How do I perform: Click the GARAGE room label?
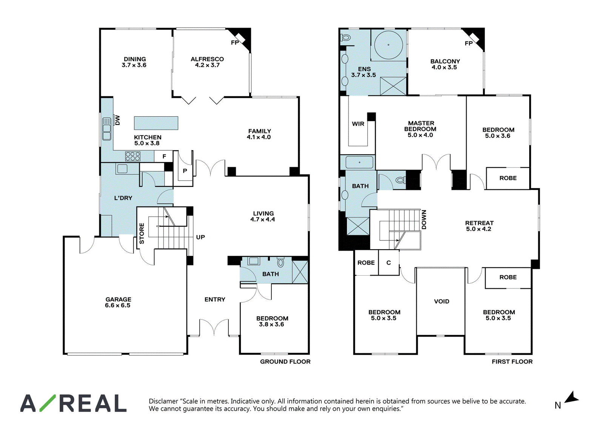tap(118, 299)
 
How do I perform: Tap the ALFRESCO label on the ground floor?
tap(207, 59)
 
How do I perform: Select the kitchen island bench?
tap(156, 123)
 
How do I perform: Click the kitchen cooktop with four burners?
tap(133, 156)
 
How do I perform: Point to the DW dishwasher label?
tap(117, 120)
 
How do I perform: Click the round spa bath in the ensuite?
tap(388, 45)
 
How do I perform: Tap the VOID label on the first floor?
tap(442, 301)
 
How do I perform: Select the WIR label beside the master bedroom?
tap(358, 124)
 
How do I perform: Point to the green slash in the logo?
tap(48, 403)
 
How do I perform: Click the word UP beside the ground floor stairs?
tap(200, 237)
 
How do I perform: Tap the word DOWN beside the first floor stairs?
tap(424, 220)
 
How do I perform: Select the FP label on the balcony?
tap(468, 43)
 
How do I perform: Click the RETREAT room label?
tap(479, 223)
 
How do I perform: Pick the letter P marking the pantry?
tap(185, 171)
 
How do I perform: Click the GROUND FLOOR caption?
tap(285, 362)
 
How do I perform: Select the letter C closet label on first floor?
tap(388, 262)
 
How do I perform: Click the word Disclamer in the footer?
tap(163, 401)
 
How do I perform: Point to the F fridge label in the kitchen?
tap(164, 156)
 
